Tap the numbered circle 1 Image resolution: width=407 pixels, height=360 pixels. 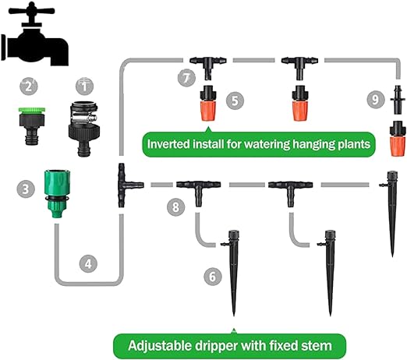coord(85,86)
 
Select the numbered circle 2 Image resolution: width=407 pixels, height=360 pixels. coord(29,86)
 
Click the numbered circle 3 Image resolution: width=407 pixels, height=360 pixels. coord(26,189)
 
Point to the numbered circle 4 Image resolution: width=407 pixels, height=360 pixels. coord(88,263)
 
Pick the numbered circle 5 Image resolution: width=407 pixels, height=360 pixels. coord(235,101)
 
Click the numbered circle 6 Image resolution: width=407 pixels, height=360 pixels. coord(213,277)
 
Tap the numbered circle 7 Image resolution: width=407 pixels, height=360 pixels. coord(186,78)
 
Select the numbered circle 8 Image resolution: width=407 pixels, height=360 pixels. coord(176,207)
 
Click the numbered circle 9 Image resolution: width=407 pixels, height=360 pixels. coord(376,100)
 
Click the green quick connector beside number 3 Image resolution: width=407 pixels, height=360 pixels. coord(56,193)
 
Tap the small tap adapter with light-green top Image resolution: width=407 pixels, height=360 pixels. coord(32,126)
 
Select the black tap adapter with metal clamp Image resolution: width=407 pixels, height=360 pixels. coord(83,129)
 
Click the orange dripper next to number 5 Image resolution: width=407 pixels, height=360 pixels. coord(208,103)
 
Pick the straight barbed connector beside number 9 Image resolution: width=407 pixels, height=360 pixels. coord(397,100)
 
